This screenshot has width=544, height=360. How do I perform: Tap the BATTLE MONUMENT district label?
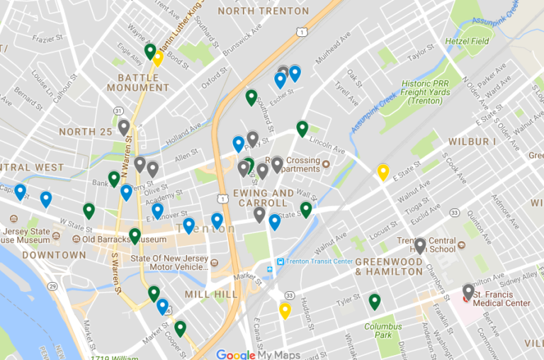click(x=138, y=82)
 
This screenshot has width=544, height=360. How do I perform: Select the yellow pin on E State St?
click(x=382, y=171)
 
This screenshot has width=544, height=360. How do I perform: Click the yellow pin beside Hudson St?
click(x=285, y=310)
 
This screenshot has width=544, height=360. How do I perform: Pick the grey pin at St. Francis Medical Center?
click(x=468, y=291)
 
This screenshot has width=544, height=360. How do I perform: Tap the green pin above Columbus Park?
click(x=374, y=301)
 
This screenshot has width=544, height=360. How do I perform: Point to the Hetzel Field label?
click(x=467, y=41)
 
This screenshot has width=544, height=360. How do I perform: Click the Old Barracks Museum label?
click(x=123, y=240)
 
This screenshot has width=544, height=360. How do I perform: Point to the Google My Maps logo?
click(x=258, y=354)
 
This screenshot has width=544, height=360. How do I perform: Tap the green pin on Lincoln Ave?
click(x=302, y=128)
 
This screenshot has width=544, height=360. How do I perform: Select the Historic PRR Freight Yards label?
click(x=426, y=92)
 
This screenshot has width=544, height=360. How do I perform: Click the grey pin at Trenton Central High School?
click(x=420, y=245)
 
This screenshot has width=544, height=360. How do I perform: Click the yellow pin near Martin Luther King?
click(x=158, y=57)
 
